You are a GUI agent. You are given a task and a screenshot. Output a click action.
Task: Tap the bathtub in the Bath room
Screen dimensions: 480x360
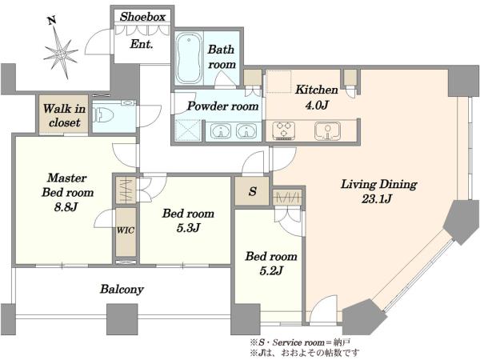point(189,58)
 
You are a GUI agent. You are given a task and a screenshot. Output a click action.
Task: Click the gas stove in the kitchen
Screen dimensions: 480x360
point(284,130)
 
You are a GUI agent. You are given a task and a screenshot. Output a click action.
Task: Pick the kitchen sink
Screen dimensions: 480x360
point(327,130)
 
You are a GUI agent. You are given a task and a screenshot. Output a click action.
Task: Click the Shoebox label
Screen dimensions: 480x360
point(142,17)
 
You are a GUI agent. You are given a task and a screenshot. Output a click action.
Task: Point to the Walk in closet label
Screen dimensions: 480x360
point(64,116)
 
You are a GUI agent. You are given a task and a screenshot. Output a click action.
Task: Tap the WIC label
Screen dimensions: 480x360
point(126,230)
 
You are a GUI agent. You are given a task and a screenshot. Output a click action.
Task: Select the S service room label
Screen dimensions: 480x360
point(253,192)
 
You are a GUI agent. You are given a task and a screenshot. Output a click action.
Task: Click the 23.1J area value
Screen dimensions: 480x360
point(377,199)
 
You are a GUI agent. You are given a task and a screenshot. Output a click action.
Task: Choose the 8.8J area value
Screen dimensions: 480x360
point(66,207)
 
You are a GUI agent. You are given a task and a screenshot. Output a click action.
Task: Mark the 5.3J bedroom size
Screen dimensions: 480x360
point(188,228)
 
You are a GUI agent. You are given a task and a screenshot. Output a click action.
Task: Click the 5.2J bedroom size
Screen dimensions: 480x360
point(271,270)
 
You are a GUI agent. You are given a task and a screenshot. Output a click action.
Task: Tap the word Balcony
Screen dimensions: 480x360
point(122,289)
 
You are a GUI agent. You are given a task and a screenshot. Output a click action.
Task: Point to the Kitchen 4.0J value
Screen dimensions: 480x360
point(317,105)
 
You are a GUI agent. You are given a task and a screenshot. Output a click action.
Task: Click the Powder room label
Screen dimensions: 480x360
point(223,106)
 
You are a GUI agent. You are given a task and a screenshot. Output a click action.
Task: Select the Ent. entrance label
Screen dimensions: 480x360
point(141,44)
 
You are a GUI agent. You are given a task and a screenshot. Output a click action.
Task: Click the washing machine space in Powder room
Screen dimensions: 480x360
point(188,130)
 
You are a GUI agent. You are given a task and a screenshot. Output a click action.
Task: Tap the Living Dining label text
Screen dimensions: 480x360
point(379,184)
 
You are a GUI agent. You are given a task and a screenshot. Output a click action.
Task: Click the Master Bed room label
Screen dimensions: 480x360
point(68,186)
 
